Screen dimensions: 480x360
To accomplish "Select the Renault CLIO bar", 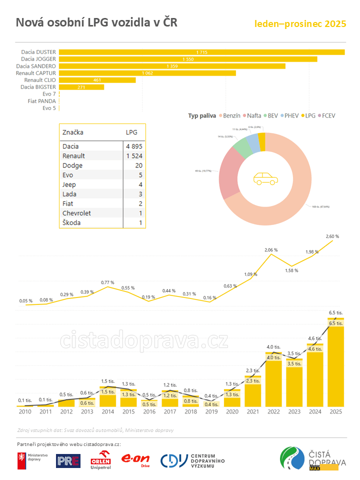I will (97, 80).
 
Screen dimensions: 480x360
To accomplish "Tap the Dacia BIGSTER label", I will (38, 87).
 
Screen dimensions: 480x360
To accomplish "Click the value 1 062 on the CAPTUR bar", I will (147, 73).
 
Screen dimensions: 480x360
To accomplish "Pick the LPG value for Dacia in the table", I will (134, 146).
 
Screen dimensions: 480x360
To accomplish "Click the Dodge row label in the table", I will (72, 165).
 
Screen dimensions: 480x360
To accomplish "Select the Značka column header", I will (73, 132).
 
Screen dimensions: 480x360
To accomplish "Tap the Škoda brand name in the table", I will (72, 222).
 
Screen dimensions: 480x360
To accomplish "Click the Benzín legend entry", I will (229, 116).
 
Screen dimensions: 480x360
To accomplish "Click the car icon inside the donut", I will (265, 178).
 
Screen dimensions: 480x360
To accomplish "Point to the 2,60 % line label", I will (332, 236).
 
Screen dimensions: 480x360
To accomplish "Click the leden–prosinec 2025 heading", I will (300, 24).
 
